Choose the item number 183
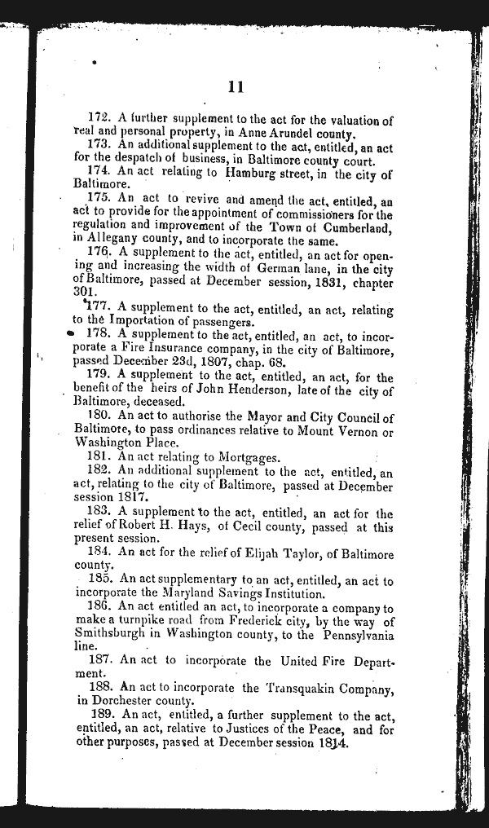(x=99, y=513)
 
